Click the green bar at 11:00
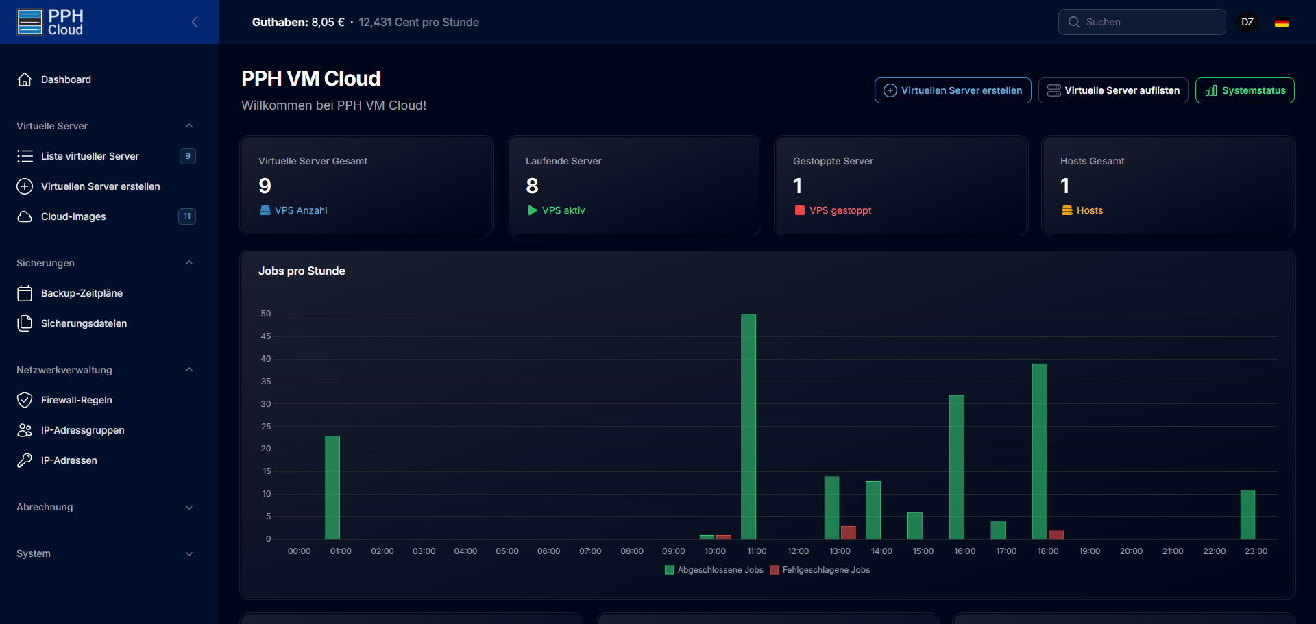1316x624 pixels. (748, 426)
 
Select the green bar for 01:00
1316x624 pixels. (332, 487)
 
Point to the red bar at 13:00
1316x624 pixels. (849, 532)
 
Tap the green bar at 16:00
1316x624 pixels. (956, 466)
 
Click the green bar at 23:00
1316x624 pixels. (1247, 514)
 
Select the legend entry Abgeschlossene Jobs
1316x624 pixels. (714, 570)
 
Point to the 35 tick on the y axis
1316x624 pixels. (266, 382)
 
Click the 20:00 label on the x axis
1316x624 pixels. (1131, 551)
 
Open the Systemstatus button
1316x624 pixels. (1245, 90)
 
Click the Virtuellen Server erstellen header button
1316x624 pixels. (953, 90)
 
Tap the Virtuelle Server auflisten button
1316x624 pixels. (1113, 90)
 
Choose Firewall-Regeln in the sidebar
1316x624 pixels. (76, 400)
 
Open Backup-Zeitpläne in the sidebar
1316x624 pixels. (82, 293)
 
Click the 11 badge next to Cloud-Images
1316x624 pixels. (187, 216)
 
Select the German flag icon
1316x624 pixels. (1282, 23)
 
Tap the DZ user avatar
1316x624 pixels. (1247, 22)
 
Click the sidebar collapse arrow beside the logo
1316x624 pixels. (195, 22)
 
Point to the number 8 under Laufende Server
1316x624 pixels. (532, 186)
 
